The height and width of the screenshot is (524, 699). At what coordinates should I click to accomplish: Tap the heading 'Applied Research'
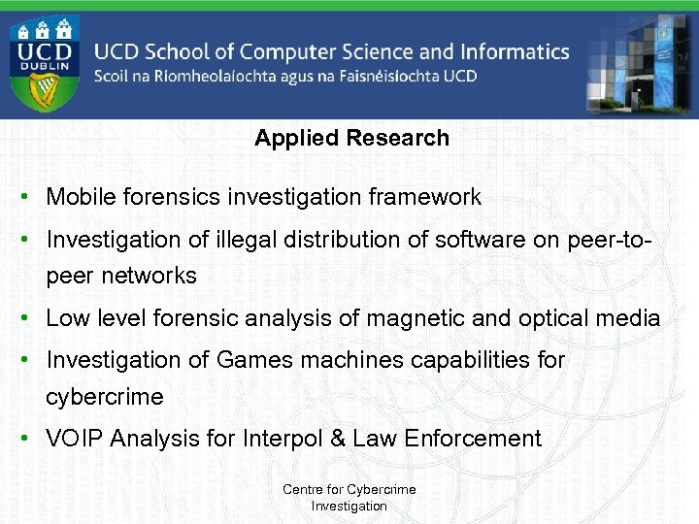[351, 138]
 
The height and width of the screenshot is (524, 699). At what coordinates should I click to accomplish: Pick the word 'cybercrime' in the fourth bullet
[105, 397]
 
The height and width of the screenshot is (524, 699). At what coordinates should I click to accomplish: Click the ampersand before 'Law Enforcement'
[338, 439]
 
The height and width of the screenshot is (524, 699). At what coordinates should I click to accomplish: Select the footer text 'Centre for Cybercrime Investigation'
[349, 498]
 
